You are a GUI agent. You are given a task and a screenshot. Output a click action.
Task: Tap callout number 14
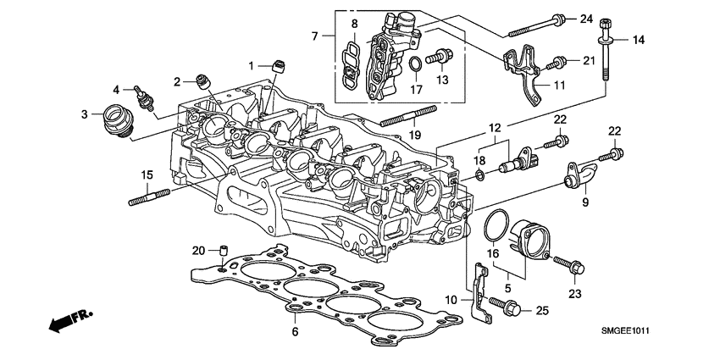[x=638, y=40]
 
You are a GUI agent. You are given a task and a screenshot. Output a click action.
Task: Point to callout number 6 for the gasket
[x=296, y=332]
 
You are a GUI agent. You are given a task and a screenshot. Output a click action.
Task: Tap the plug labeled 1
[x=276, y=65]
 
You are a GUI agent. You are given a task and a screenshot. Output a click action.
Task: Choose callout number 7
[x=315, y=37]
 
